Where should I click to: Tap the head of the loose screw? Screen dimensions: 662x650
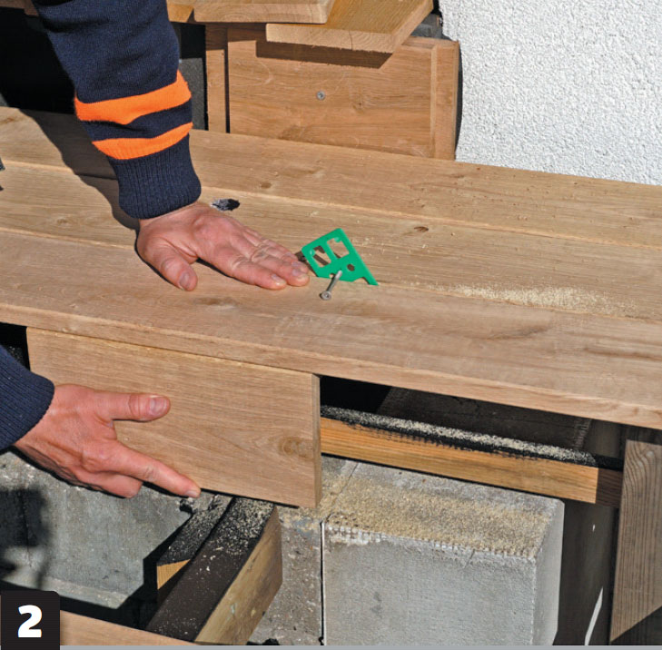(x=325, y=296)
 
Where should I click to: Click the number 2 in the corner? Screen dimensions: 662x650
(x=30, y=621)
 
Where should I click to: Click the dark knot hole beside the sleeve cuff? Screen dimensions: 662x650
(x=225, y=204)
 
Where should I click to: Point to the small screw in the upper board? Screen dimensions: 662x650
(x=321, y=95)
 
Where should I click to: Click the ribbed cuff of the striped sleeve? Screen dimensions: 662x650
(x=155, y=182)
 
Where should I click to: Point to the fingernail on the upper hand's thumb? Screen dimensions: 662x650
(x=187, y=281)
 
